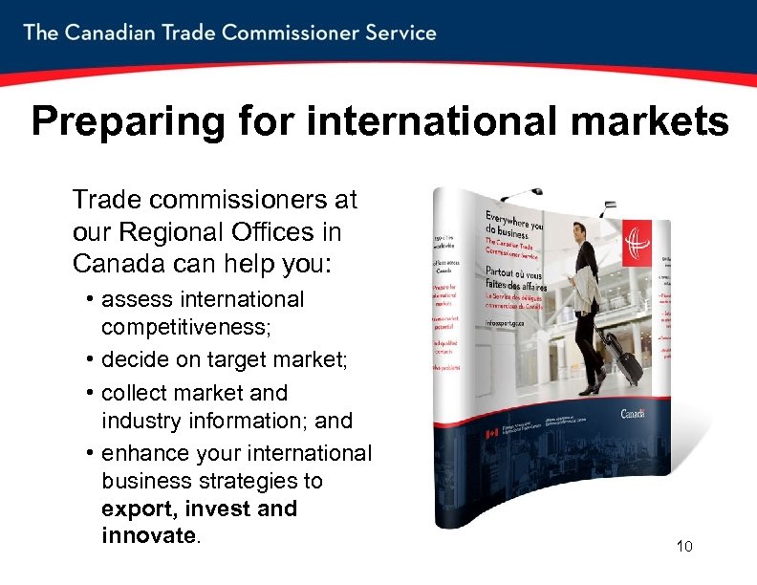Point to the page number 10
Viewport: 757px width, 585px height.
tap(683, 547)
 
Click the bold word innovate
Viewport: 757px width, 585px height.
tap(147, 535)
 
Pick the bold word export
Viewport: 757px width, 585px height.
tap(135, 509)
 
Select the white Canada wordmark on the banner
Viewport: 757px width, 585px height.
tap(632, 413)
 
